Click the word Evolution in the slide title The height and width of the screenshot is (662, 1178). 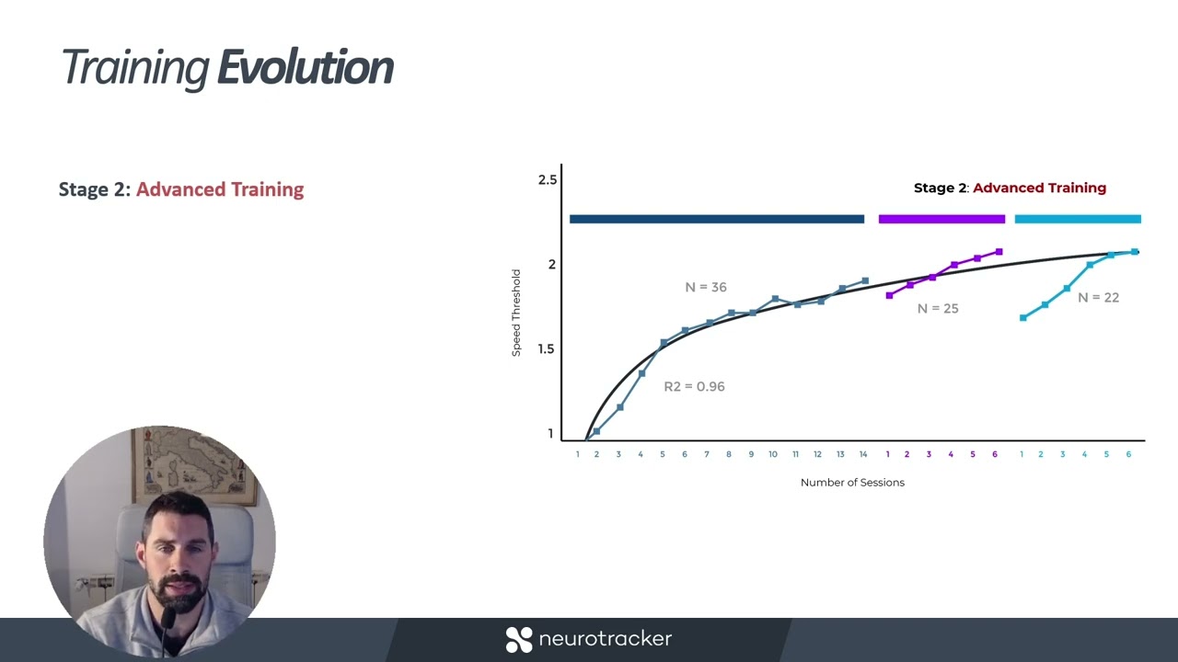(306, 68)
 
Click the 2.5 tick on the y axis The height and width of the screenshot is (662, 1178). (548, 179)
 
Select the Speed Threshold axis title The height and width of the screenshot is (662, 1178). (516, 313)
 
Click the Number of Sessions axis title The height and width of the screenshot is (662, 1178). (852, 483)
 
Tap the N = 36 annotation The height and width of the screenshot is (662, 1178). (705, 287)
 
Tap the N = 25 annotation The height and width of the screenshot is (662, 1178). (938, 309)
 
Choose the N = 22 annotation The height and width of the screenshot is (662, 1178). (1098, 298)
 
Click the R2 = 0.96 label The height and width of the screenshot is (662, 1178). (694, 386)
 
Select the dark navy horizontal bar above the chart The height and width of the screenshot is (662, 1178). (716, 219)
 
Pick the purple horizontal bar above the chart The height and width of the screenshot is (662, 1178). (941, 219)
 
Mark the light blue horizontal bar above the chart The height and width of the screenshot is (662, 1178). (1078, 219)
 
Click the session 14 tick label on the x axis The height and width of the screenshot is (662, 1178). (863, 454)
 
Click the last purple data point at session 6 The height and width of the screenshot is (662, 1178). (999, 252)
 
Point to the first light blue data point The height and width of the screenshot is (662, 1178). (1022, 318)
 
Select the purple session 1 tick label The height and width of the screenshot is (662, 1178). (887, 454)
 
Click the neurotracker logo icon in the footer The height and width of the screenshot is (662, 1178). (519, 639)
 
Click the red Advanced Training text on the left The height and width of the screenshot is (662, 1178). (220, 189)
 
